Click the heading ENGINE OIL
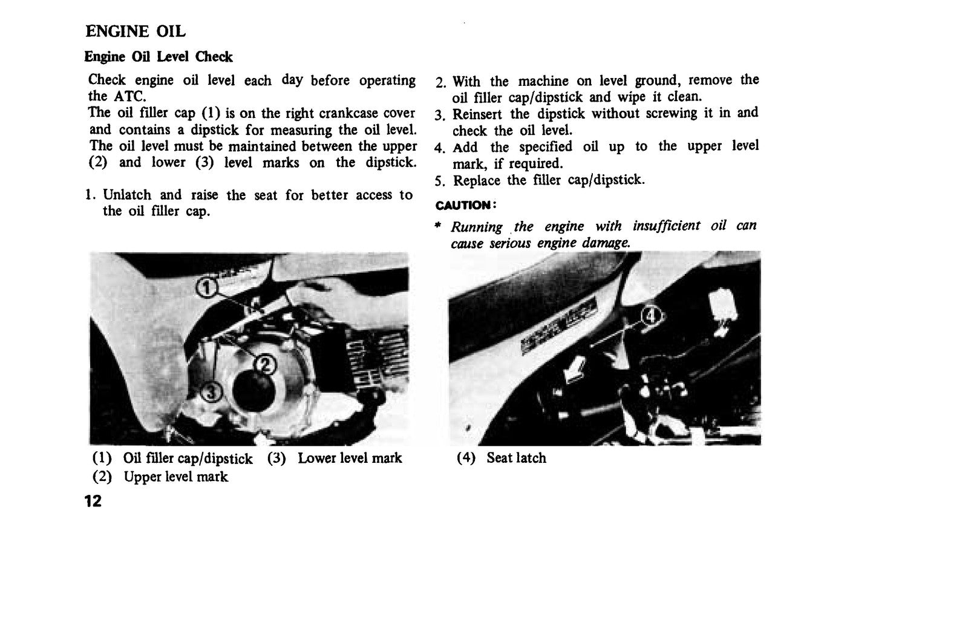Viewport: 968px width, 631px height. point(136,31)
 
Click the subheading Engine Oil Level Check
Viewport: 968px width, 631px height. point(158,57)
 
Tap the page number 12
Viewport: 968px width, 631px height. point(93,502)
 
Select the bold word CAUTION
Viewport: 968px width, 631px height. point(463,205)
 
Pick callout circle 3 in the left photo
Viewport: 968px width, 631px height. point(211,393)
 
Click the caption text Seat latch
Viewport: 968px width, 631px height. point(517,458)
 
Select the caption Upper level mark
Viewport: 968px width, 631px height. point(175,477)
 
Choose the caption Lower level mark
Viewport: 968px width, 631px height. point(350,458)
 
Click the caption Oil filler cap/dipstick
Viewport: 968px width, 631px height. point(188,458)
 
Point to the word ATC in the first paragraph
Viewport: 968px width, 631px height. point(129,96)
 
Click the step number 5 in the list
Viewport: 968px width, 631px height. point(439,181)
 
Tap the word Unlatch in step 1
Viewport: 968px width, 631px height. point(127,195)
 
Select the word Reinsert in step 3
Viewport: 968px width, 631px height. point(477,114)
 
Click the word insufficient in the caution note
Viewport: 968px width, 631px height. point(666,226)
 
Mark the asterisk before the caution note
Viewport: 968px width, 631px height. point(438,225)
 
